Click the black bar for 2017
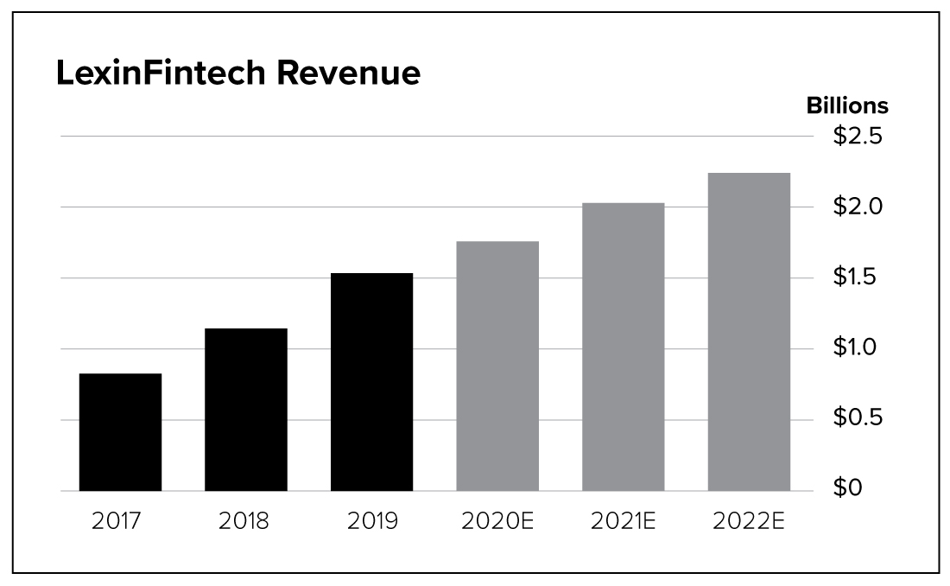tap(120, 432)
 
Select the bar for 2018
tap(246, 410)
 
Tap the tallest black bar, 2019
tap(371, 382)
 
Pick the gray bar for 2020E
tap(497, 366)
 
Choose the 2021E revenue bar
tap(623, 347)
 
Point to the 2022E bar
tap(749, 332)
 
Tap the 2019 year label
tap(371, 522)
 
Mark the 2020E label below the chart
tap(497, 522)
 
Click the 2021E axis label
tap(623, 522)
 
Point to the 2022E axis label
tap(749, 522)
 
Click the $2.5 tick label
tap(857, 137)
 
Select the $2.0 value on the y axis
tap(857, 207)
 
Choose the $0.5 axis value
tap(857, 418)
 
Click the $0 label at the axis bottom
tap(848, 489)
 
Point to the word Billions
tap(846, 105)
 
